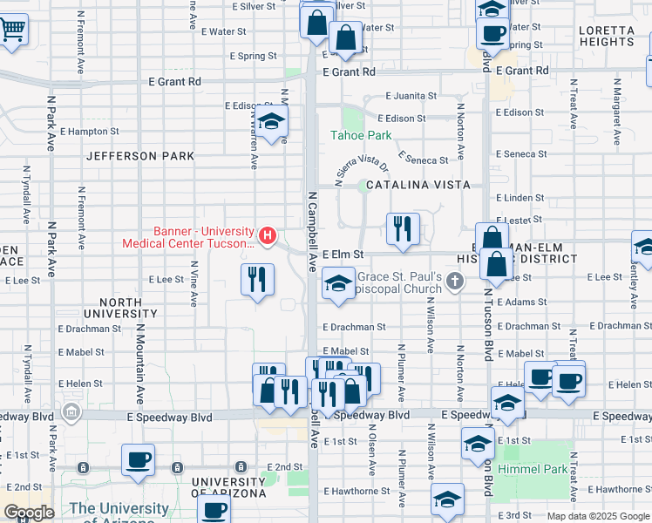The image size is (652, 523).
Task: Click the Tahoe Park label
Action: pos(361,135)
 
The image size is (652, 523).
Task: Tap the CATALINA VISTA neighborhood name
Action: pos(418,185)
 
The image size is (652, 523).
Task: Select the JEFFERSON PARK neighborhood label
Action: pos(140,156)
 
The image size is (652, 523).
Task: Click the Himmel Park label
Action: pos(533,469)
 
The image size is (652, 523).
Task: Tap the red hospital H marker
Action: pos(268,235)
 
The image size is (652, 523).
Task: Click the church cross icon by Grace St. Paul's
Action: pos(454,281)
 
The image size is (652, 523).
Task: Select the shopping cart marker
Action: pos(12,29)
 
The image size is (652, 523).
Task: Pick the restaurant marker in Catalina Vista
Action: pos(403,229)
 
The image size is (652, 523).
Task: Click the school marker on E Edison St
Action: pos(271,125)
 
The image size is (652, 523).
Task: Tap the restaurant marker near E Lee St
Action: pos(257,280)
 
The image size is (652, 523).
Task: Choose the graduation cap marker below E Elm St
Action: pos(338,283)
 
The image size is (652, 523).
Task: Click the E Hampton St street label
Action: pos(92,132)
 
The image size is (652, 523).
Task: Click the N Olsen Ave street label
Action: pos(371,456)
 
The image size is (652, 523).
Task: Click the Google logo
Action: pos(29,513)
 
